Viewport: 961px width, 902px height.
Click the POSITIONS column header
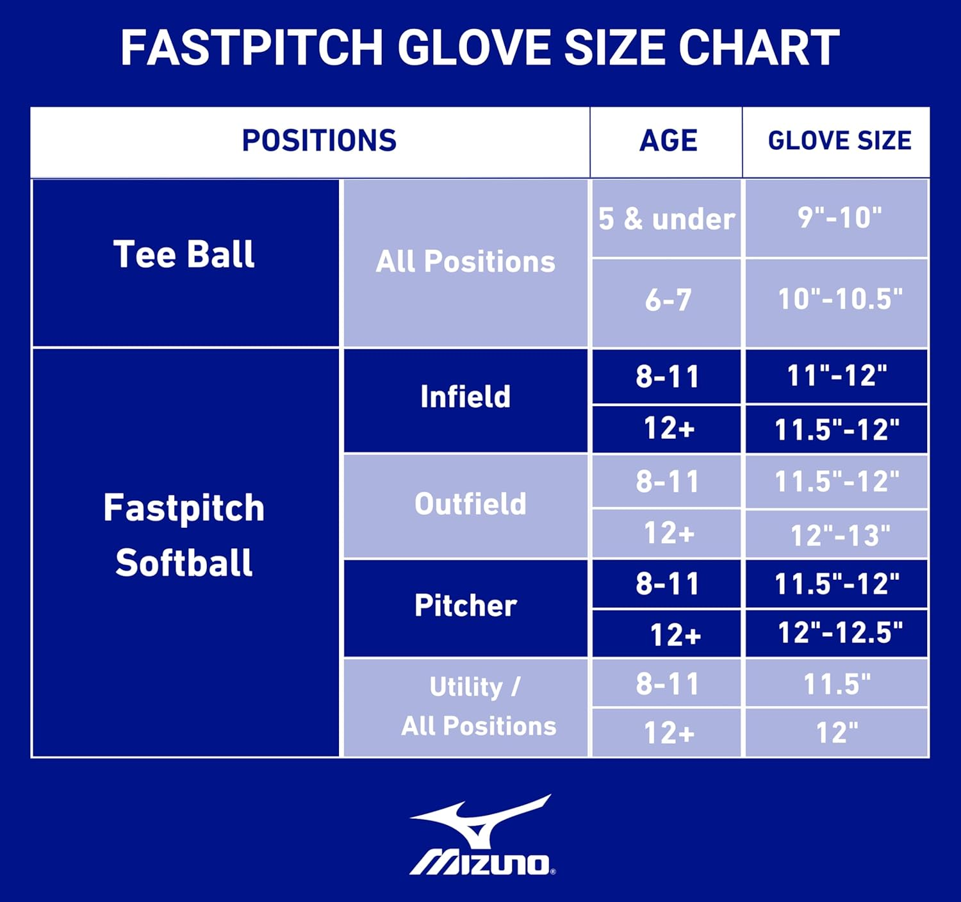tap(319, 141)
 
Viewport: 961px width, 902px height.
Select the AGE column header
tap(668, 141)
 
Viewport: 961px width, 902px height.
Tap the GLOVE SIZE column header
tap(839, 141)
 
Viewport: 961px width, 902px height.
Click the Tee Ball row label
tap(185, 255)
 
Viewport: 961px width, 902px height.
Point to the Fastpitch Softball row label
tap(185, 535)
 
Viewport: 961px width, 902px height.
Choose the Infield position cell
tap(466, 397)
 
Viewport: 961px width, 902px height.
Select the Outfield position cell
tap(470, 504)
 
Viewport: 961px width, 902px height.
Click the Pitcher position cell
tap(466, 606)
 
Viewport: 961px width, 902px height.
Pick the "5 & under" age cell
tap(666, 219)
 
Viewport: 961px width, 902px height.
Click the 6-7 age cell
tap(668, 300)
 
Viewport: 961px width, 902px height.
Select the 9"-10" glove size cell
tap(839, 218)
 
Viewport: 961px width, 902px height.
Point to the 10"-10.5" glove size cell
tap(839, 299)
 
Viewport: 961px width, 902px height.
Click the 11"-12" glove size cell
tap(837, 376)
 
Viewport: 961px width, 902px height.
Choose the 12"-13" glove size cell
tap(839, 536)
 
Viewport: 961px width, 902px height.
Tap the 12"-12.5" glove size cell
tap(839, 633)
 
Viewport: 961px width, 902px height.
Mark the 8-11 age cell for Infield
tap(668, 377)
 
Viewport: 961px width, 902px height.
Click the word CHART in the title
tap(759, 48)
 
